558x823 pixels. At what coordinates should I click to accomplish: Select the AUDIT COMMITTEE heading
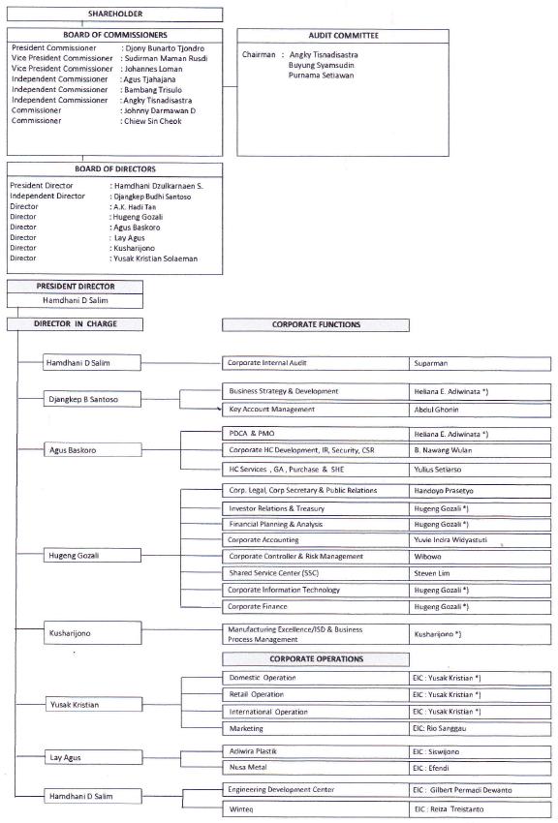pyautogui.click(x=343, y=35)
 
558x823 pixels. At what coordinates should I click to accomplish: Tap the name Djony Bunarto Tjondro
pyautogui.click(x=164, y=47)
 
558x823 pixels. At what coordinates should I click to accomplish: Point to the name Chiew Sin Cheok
pyautogui.click(x=153, y=121)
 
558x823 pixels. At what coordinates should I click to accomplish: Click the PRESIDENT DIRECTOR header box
pyautogui.click(x=75, y=287)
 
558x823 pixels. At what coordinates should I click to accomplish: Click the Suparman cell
pyautogui.click(x=480, y=363)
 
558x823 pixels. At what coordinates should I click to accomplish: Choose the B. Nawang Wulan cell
pyautogui.click(x=480, y=450)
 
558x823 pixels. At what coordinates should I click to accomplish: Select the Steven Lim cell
pyautogui.click(x=480, y=573)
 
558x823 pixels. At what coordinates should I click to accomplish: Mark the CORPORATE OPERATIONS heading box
pyautogui.click(x=318, y=658)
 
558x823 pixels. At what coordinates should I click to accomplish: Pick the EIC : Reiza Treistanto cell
pyautogui.click(x=480, y=808)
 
